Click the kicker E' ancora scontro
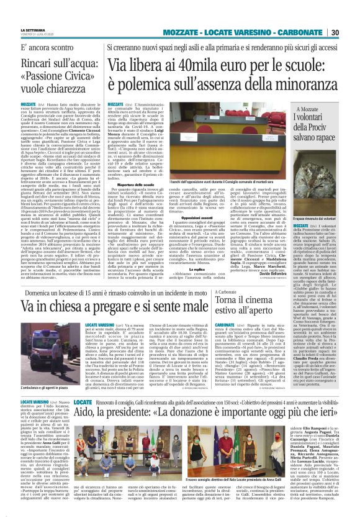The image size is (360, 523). click(x=45, y=47)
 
